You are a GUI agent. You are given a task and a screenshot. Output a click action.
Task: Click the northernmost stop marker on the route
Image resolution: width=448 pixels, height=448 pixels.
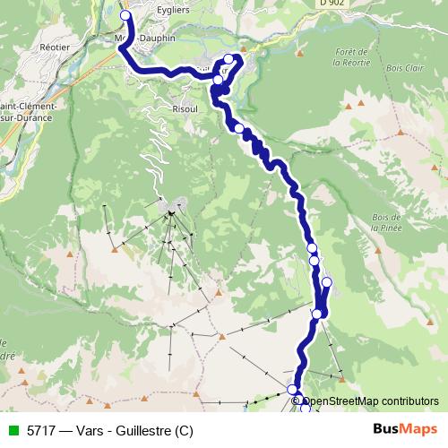[x=125, y=15]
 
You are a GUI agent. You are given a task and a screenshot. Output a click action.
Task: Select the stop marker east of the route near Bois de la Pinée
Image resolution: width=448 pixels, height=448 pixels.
[x=326, y=282]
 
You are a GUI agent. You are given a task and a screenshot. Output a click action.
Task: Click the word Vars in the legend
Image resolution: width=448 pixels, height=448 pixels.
[x=88, y=430]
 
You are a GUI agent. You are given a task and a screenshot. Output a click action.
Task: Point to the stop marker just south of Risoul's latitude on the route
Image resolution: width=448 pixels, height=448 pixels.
[x=239, y=128]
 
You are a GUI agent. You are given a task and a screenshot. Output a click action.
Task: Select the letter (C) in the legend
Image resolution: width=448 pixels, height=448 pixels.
[x=184, y=430]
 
